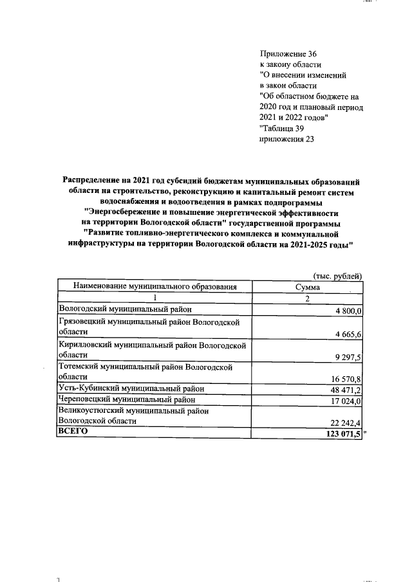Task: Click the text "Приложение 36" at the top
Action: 288,54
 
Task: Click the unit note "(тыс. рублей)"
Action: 337,276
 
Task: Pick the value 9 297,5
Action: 348,357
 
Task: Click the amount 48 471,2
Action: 347,390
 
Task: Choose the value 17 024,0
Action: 347,401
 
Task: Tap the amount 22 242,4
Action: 347,422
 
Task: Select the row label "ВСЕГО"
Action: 72,432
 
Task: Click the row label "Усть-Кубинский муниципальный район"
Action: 131,388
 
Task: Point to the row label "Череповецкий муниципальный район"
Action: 127,399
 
